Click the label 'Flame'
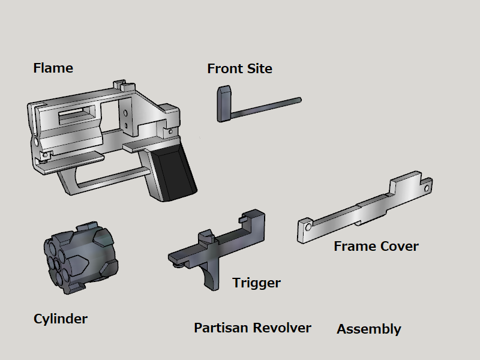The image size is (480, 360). (x=53, y=68)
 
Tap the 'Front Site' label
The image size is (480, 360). (x=239, y=68)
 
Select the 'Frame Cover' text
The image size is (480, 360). (x=376, y=246)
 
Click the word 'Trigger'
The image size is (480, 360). (x=256, y=282)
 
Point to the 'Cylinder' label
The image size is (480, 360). (x=60, y=319)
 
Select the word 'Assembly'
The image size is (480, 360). (x=368, y=329)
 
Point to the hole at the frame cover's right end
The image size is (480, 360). (x=427, y=187)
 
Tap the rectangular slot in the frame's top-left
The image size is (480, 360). (x=74, y=114)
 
